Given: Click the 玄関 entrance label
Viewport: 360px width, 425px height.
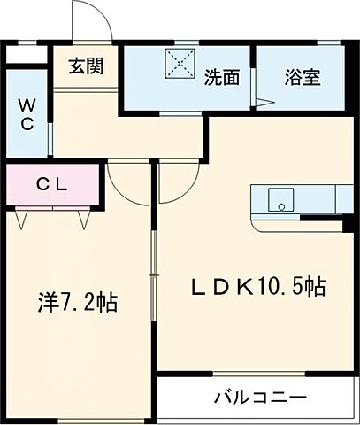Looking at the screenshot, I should (86, 66).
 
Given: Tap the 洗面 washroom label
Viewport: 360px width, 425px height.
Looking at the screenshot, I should (222, 77).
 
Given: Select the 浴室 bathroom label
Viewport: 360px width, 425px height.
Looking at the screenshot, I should (303, 77).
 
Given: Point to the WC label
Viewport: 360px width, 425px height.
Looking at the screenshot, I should (26, 114).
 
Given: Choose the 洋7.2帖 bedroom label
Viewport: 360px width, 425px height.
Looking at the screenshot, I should (77, 303).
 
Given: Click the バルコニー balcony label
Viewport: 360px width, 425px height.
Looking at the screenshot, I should (259, 397).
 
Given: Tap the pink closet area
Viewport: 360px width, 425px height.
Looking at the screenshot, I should (53, 186).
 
